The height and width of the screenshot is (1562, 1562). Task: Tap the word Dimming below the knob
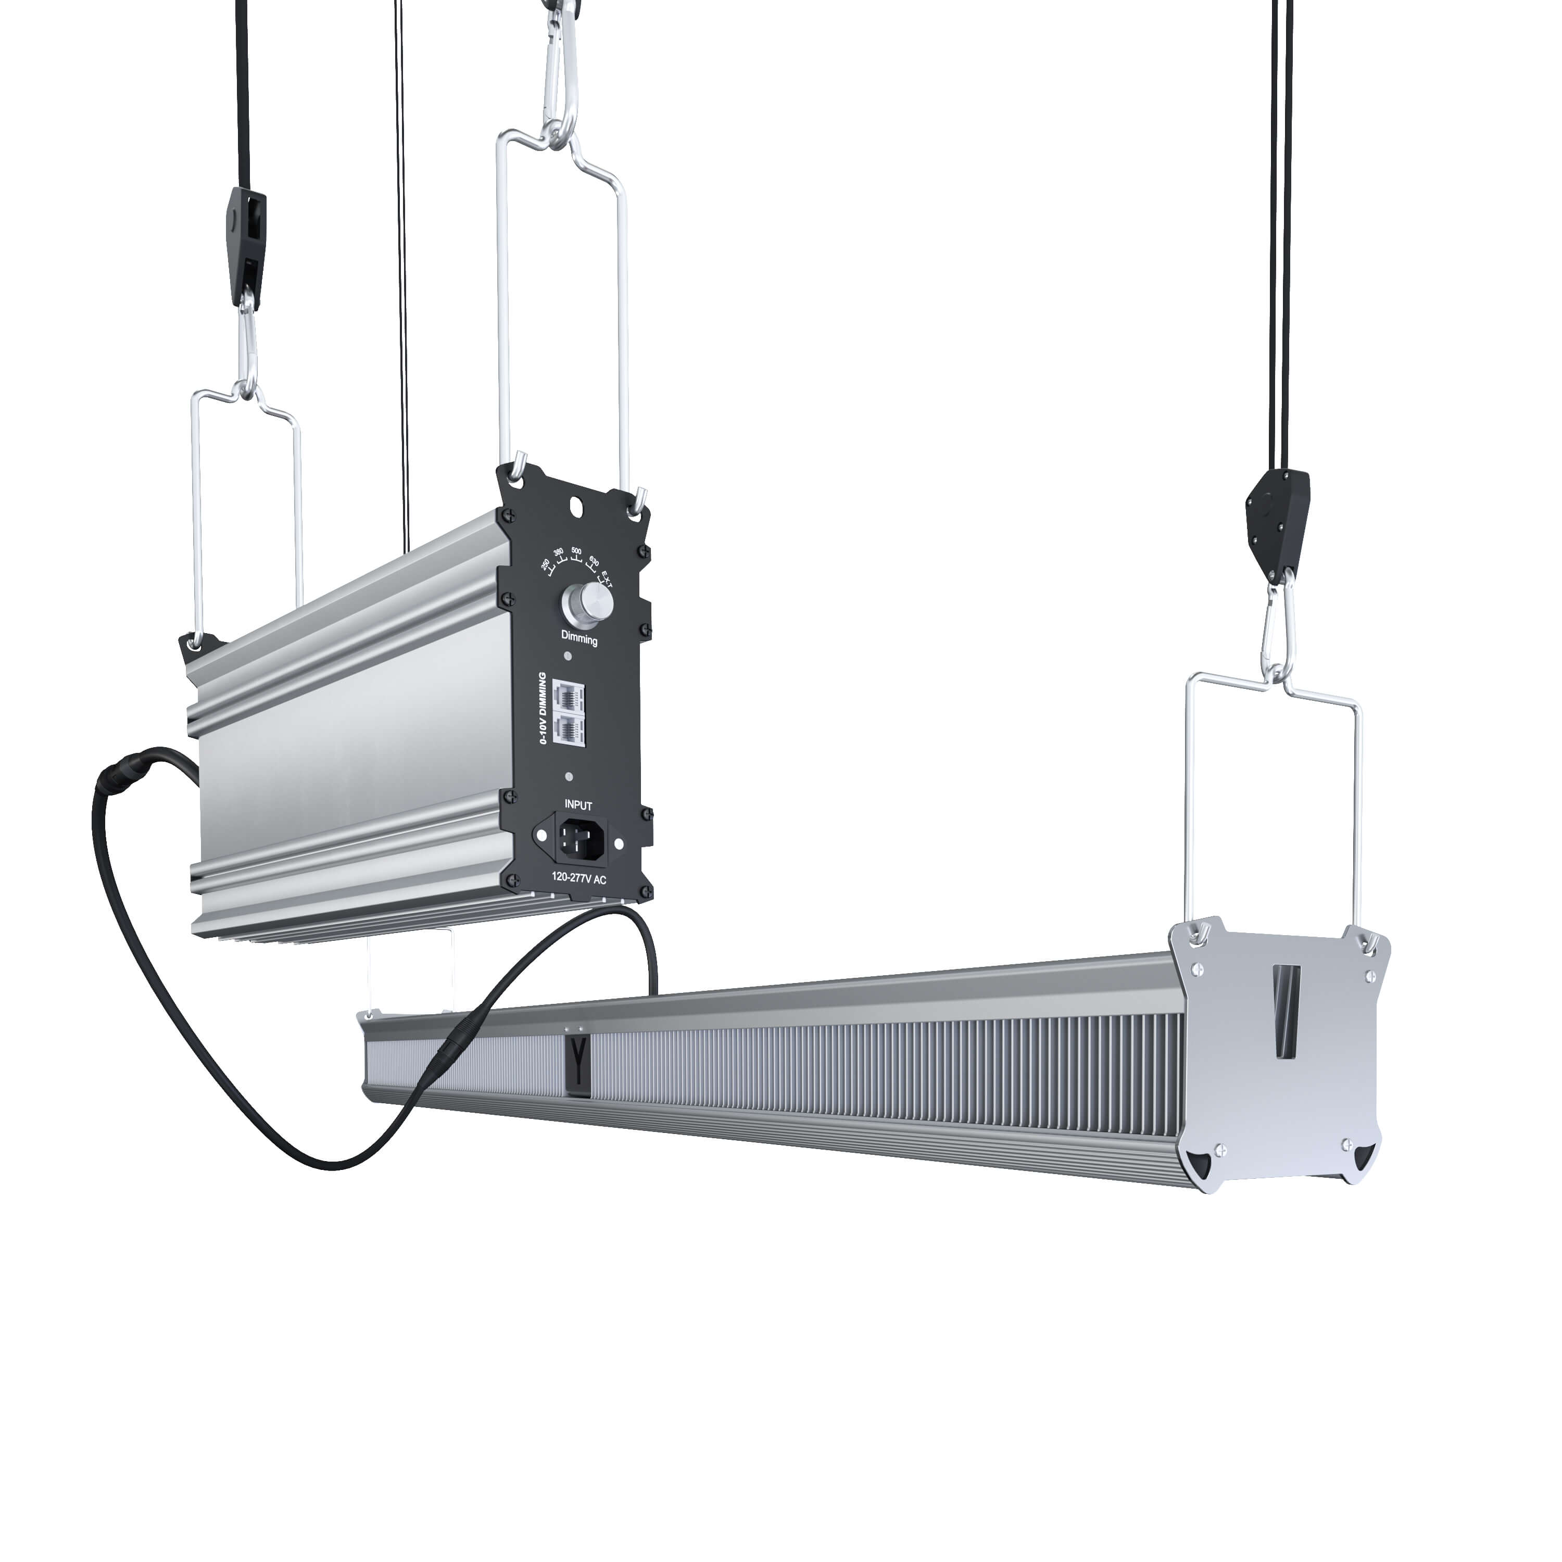[579, 639]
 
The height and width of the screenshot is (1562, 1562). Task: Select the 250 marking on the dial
[546, 563]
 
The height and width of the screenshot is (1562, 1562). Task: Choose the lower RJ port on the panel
[571, 729]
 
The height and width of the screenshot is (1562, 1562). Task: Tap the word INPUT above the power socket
[578, 805]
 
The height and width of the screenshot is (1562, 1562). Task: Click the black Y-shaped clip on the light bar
[577, 1062]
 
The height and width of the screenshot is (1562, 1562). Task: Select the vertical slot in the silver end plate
[1284, 1012]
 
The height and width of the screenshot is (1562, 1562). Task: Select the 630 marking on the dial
[594, 560]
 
